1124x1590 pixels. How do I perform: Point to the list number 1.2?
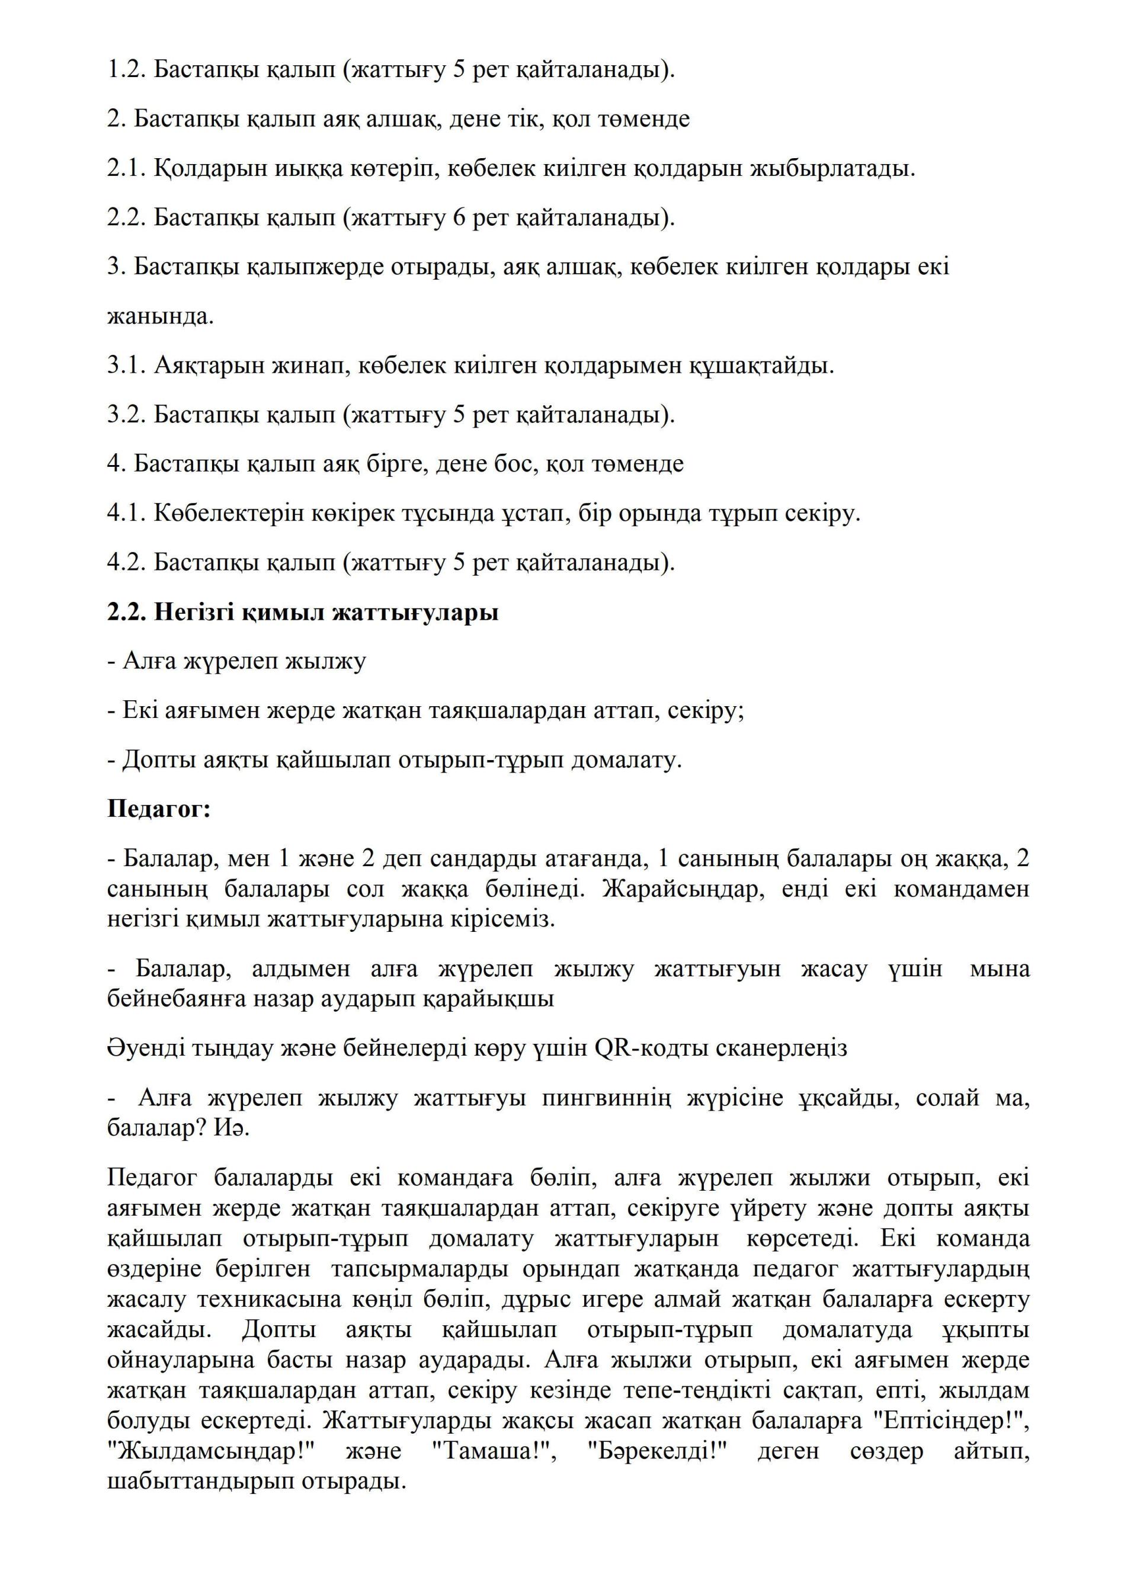127,70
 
